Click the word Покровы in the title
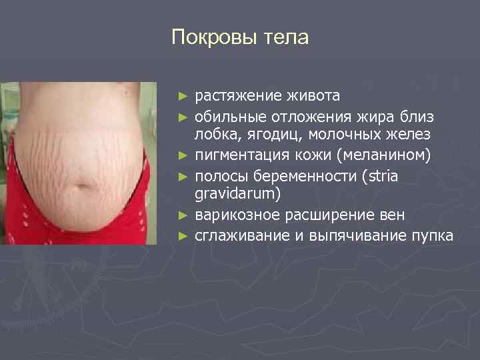click(x=208, y=37)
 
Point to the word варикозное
click(x=233, y=216)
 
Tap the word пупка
click(x=432, y=236)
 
